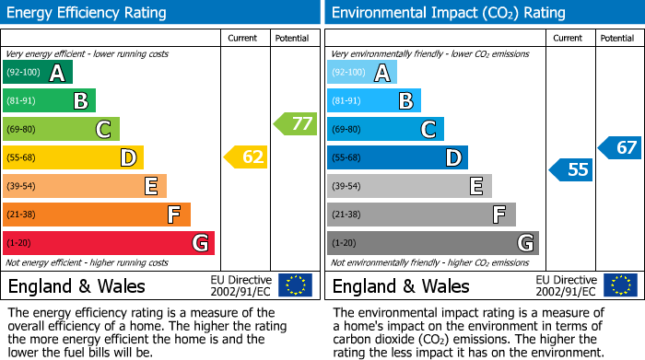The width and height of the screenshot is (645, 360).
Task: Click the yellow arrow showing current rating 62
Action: coord(246,157)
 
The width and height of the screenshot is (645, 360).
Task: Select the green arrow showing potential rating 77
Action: coord(296,123)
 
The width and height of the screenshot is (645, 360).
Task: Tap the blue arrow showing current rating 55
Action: coord(571,169)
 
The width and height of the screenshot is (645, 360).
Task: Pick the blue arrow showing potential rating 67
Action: coord(620,147)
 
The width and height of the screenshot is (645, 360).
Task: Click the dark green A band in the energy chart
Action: coord(37,73)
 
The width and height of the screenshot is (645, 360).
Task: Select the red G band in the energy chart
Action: coord(109,243)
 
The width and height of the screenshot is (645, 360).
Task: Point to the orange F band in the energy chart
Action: coord(97,215)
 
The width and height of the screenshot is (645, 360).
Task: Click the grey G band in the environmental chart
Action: coord(432,243)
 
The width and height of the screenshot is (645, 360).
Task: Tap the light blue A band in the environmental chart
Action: coord(362,73)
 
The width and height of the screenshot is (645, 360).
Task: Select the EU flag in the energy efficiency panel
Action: coord(295,285)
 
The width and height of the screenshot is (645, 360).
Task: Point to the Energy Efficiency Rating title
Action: coord(88,13)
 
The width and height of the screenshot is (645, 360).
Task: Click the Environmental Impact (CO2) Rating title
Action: coord(448,13)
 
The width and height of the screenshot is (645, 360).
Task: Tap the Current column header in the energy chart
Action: coord(244,38)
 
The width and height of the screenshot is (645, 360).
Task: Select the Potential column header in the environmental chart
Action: coord(617,38)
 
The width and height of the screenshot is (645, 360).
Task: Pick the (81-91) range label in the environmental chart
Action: coord(347,101)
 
